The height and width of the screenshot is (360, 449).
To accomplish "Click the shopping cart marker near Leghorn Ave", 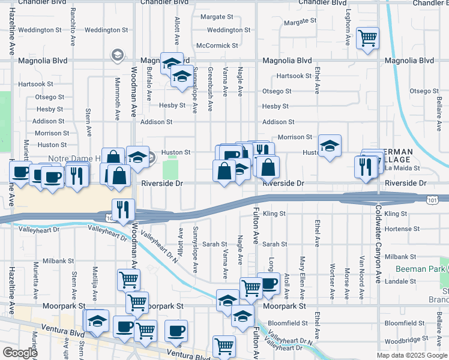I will tap(367, 39).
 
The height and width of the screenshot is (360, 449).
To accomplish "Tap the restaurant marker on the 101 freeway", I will tap(122, 209).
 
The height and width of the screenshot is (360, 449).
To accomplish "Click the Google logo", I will tap(20, 353).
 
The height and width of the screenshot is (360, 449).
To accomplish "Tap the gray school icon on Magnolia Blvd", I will tap(116, 56).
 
